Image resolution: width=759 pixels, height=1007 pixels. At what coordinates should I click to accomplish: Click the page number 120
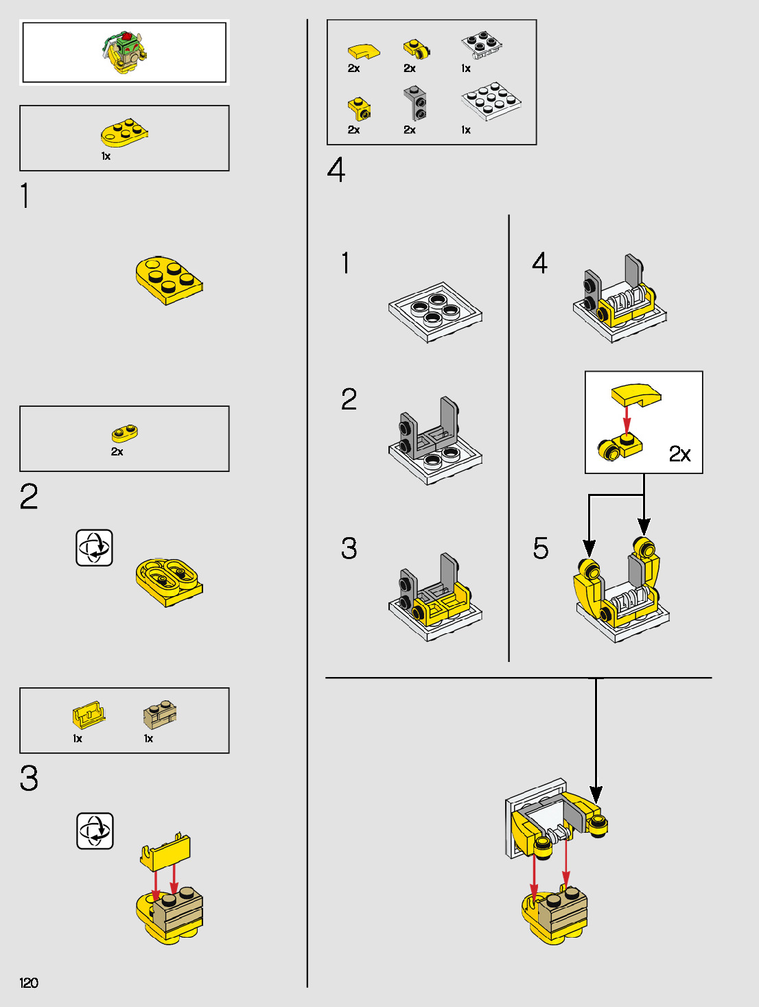pos(28,982)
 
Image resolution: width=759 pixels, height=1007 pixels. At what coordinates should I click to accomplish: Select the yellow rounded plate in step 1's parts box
pos(124,132)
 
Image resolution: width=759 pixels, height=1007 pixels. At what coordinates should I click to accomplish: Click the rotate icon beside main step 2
pos(94,548)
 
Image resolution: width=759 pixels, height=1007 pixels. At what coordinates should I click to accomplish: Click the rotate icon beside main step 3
pos(95,831)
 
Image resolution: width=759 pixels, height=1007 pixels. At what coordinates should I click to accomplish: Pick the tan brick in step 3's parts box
pos(160,715)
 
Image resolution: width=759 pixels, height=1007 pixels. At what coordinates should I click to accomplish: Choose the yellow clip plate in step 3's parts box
pos(89,715)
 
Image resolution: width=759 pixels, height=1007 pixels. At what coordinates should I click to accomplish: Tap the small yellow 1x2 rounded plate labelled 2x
pos(124,433)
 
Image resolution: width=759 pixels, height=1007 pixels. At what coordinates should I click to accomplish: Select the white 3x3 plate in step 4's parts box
pos(491,102)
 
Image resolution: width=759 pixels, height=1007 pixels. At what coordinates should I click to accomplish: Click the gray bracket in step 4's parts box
pos(414,103)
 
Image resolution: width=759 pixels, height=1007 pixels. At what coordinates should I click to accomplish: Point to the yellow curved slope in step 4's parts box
pos(364,51)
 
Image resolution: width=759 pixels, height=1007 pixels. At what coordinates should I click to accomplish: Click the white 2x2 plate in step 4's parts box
pos(481,45)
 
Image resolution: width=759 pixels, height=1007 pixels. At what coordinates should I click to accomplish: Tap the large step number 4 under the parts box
pos(336,169)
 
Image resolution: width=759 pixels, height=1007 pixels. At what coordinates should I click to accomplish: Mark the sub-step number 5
pos(541,548)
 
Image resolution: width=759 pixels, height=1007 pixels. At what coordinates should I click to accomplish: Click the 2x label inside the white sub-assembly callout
pos(679,453)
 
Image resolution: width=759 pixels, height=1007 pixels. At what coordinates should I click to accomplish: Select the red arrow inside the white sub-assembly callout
pos(627,419)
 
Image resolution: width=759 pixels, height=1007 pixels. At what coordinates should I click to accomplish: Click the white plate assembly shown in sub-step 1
pos(435,312)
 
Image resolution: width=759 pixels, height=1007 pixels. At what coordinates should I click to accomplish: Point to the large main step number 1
pos(25,196)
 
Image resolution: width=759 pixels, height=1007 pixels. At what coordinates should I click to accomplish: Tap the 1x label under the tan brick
pos(148,738)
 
